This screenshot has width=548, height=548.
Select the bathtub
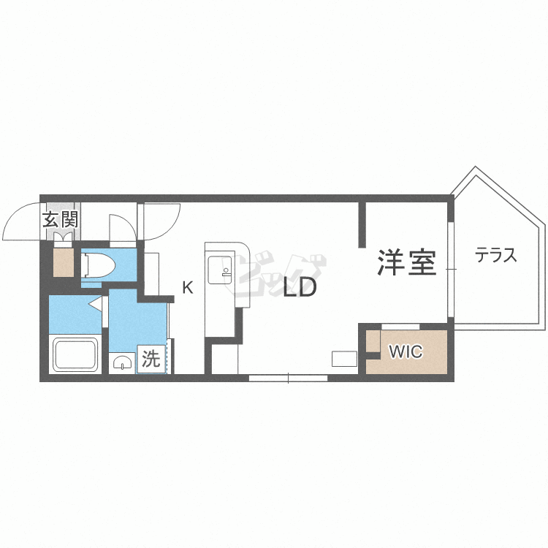(76, 355)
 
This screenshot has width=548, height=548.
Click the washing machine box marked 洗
(151, 359)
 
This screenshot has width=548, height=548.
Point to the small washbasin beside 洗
(122, 362)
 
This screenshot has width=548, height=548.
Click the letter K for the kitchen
(188, 288)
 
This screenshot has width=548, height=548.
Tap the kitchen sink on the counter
(219, 270)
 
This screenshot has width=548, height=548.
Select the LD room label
(300, 289)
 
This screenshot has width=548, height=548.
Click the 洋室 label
(406, 262)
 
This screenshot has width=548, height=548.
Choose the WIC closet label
(406, 352)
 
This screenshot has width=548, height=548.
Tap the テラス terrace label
(496, 256)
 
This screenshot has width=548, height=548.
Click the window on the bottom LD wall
(288, 378)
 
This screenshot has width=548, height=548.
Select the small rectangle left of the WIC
(344, 359)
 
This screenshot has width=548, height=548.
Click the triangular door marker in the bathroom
(95, 303)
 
